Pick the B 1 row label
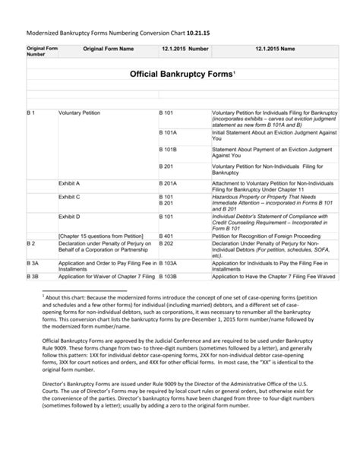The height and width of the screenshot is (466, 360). [x=31, y=113]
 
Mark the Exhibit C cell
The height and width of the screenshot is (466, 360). [x=69, y=197]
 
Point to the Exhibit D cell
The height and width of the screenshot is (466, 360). [x=69, y=216]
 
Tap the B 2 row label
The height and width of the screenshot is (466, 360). [x=31, y=243]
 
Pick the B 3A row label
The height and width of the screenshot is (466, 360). [x=33, y=262]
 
